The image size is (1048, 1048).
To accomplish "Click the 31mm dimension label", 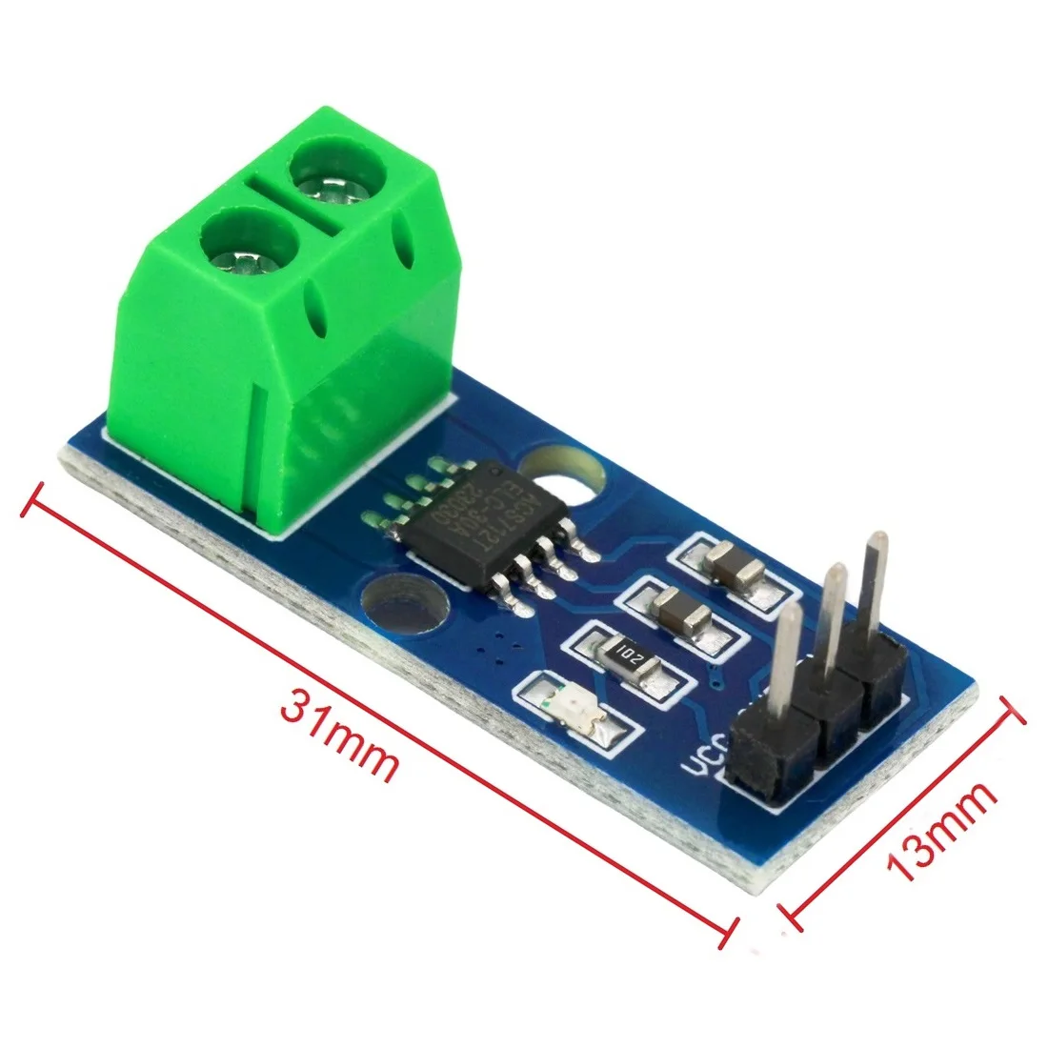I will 338,735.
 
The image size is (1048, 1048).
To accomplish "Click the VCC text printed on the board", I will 708,763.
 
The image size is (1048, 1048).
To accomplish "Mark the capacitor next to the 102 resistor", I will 680,609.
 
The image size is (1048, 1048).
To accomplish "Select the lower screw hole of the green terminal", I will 239,244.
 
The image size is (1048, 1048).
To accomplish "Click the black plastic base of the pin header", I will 815,734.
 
